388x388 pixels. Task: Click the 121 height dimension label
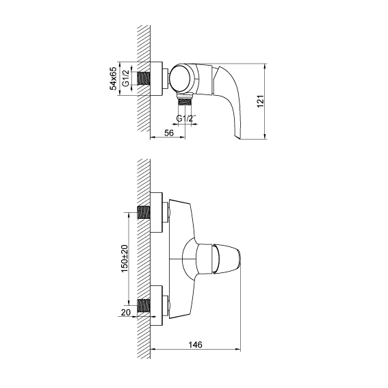click(261, 101)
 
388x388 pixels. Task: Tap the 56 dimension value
click(169, 133)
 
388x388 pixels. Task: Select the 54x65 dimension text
click(114, 79)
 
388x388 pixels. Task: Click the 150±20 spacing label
click(125, 259)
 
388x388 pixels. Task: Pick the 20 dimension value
click(126, 313)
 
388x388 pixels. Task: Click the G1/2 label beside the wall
click(126, 79)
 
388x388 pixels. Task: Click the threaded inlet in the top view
click(144, 79)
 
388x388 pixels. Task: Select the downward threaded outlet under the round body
click(185, 102)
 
